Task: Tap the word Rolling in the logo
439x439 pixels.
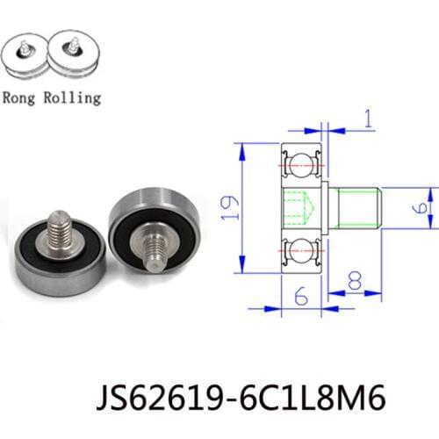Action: tap(69, 97)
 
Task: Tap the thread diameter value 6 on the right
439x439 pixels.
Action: tap(421, 207)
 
